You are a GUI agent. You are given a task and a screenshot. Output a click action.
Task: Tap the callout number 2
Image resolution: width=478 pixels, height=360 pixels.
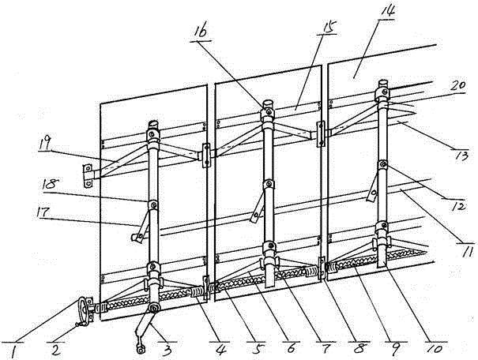[x=58, y=345]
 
